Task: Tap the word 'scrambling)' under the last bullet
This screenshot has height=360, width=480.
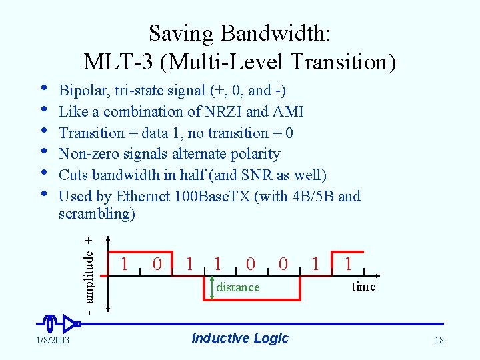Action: (x=97, y=213)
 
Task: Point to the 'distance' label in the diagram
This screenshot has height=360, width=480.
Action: (x=238, y=287)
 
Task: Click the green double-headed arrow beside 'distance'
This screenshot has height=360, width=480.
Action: (x=212, y=287)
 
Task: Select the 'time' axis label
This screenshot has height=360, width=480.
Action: (x=363, y=287)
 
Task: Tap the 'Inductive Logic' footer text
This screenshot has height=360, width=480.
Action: (x=240, y=338)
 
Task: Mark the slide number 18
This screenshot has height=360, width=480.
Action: (x=439, y=341)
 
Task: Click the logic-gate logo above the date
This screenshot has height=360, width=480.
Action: (x=59, y=324)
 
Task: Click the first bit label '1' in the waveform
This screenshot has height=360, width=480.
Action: (x=125, y=263)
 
